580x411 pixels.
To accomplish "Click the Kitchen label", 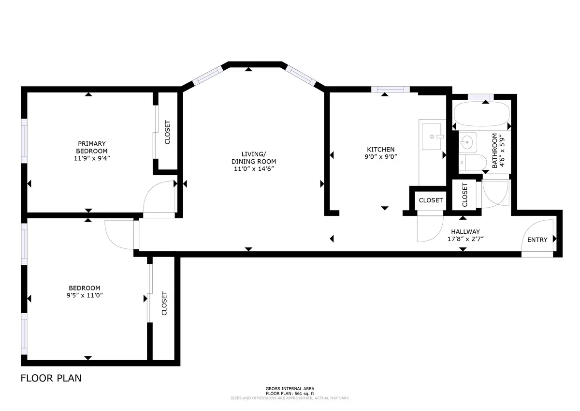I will pyautogui.click(x=380, y=150).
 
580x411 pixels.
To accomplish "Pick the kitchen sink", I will pyautogui.click(x=433, y=137).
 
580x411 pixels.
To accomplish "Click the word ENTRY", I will pyautogui.click(x=537, y=240).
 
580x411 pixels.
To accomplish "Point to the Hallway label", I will pyautogui.click(x=465, y=231).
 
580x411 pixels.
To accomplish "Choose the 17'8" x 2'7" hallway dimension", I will pyautogui.click(x=465, y=239).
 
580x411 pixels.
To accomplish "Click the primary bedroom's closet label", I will pyautogui.click(x=168, y=132).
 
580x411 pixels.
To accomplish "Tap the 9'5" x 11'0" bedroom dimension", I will pyautogui.click(x=84, y=295).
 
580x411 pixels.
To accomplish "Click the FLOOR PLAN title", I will pyautogui.click(x=51, y=378).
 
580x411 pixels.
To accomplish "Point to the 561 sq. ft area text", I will pyautogui.click(x=290, y=393).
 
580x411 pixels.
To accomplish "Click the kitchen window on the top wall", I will pyautogui.click(x=390, y=89).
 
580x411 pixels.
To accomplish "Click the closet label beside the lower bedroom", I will pyautogui.click(x=164, y=303).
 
